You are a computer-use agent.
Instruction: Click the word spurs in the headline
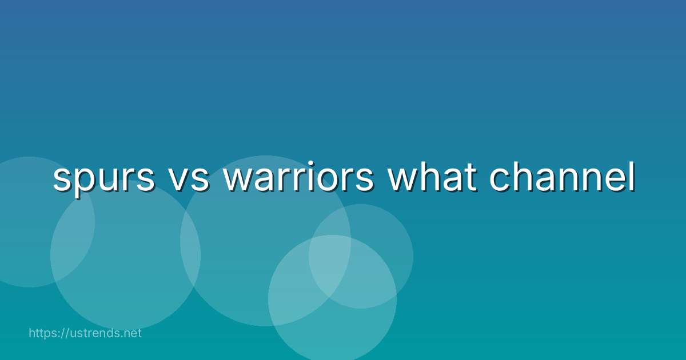click(104, 179)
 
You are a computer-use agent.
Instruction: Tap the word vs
click(189, 179)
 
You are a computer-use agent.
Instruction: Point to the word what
click(432, 176)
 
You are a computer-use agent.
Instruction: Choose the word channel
click(562, 176)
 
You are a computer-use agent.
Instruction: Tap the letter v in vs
click(179, 179)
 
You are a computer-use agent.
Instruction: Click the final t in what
click(470, 177)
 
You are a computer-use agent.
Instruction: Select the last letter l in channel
click(632, 176)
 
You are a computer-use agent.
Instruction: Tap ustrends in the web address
click(94, 333)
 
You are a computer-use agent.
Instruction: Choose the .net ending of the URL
click(130, 334)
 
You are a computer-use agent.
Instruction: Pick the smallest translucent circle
click(361, 256)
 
